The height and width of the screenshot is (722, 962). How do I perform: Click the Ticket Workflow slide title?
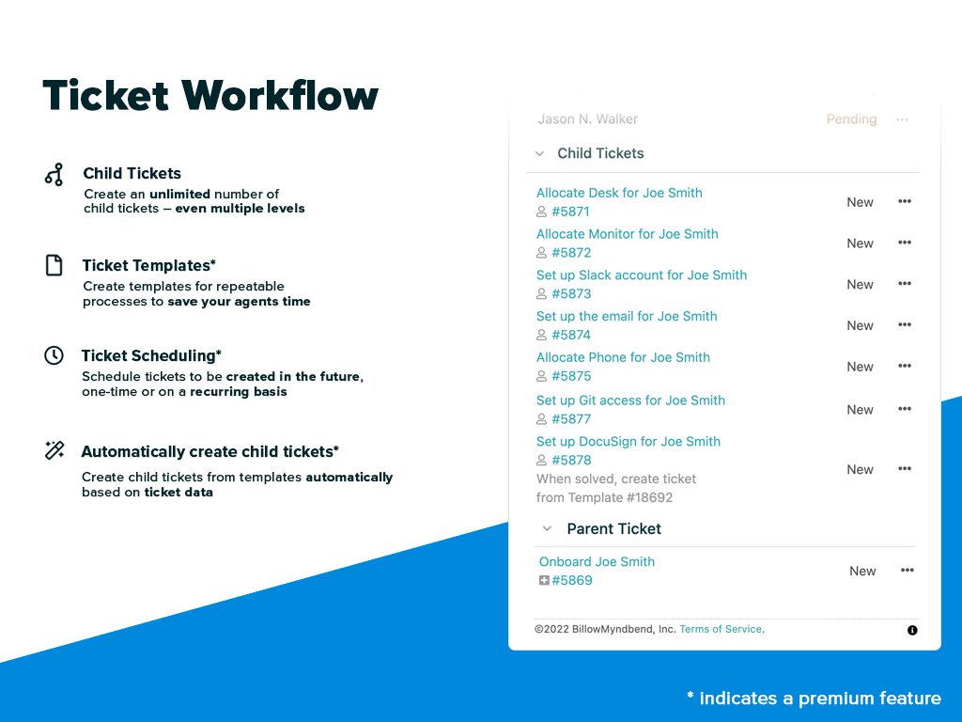pos(210,96)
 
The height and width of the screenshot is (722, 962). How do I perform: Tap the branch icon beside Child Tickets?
pos(54,174)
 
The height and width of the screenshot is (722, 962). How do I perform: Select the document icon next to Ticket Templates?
pos(54,265)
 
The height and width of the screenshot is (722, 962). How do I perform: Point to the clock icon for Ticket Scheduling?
pos(54,355)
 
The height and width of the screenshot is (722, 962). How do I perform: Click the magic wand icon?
pos(54,450)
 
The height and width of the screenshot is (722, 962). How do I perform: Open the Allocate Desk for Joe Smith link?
pos(619,193)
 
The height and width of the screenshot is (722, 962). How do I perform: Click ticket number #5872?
pos(571,253)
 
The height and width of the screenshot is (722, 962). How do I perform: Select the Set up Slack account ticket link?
pos(642,275)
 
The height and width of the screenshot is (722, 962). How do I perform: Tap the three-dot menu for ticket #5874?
pos(905,325)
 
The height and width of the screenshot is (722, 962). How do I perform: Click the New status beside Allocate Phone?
pos(860,367)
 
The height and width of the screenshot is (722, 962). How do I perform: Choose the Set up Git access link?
pos(630,400)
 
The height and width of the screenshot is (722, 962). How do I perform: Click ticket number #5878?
pos(571,461)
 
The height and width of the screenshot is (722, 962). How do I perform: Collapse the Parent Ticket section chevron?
pos(547,529)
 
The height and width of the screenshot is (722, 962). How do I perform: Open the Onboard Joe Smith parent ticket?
pos(597,562)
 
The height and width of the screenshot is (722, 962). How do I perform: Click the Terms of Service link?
pos(721,629)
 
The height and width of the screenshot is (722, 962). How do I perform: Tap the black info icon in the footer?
pos(912,630)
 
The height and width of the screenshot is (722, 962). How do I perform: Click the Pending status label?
pos(851,119)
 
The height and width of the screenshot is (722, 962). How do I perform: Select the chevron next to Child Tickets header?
pos(539,153)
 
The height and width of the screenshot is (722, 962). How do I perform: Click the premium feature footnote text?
pos(814,698)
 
